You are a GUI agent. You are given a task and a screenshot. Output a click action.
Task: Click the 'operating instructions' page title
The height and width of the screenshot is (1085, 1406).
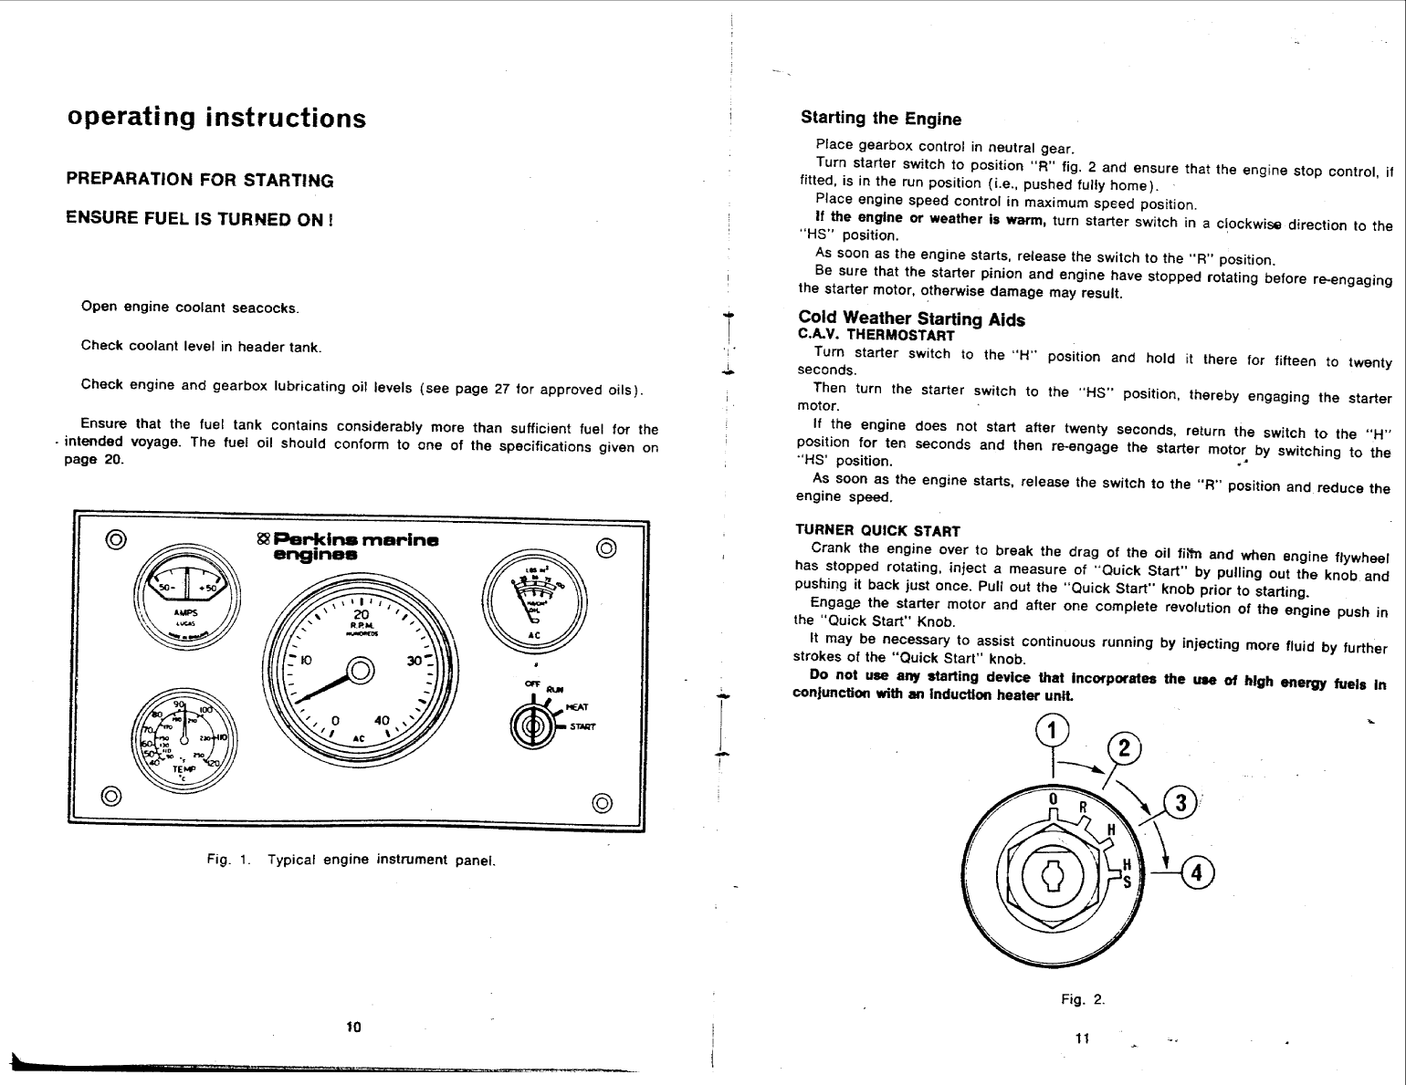216,119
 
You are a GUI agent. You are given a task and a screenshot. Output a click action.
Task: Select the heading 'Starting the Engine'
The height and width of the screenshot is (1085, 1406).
880,119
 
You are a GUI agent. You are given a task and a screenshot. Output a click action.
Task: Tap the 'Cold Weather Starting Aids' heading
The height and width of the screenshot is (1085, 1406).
911,318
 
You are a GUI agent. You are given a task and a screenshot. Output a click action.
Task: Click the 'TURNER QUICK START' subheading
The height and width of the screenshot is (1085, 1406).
877,531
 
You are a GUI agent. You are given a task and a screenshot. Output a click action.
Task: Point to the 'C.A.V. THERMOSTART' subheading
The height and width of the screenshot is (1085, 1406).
863,335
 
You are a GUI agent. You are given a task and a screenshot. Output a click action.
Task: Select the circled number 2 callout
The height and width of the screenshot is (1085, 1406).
1123,750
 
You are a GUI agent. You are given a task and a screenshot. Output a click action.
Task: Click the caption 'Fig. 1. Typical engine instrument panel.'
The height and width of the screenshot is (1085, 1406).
351,860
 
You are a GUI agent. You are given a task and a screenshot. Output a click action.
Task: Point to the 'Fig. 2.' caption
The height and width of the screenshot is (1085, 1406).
1082,999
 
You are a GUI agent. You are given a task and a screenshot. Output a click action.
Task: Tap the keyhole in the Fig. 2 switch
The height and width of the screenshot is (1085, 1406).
1053,877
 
